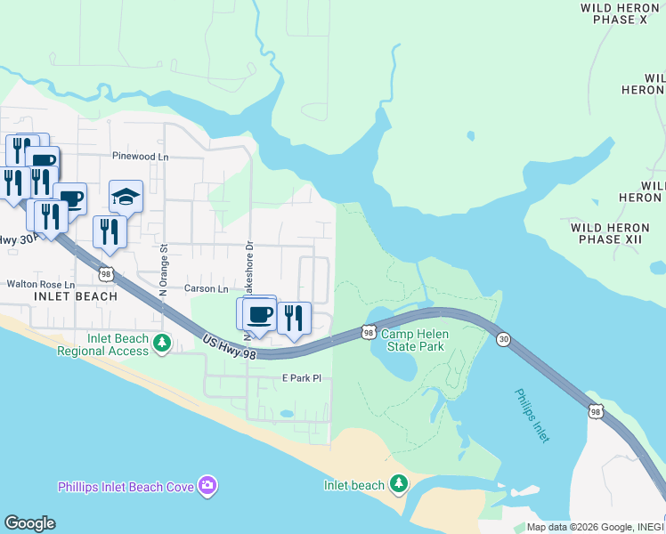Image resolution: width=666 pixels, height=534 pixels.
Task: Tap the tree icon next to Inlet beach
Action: click(x=399, y=484)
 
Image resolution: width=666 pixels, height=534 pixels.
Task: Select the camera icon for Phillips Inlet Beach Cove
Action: click(x=207, y=485)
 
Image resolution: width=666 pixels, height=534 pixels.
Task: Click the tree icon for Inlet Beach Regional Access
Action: click(x=161, y=343)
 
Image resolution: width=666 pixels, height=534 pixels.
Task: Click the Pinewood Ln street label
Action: click(x=140, y=156)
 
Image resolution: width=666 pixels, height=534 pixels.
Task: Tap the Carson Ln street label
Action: click(x=207, y=288)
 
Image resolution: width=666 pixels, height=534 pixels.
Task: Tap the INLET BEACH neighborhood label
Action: click(x=76, y=296)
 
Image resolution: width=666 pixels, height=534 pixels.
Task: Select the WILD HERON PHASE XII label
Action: click(x=610, y=233)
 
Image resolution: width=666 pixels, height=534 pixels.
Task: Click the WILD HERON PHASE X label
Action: click(x=621, y=12)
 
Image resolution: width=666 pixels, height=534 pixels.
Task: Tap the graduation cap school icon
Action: click(x=126, y=197)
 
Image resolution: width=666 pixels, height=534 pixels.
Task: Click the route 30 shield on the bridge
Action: click(x=504, y=340)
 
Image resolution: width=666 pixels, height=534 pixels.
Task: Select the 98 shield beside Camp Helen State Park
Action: click(x=368, y=332)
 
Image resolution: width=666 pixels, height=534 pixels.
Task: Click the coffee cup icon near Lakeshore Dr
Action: click(x=259, y=314)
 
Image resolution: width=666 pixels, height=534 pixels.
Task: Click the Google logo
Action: click(x=29, y=522)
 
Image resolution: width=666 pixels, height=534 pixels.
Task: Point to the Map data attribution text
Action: click(x=595, y=527)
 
